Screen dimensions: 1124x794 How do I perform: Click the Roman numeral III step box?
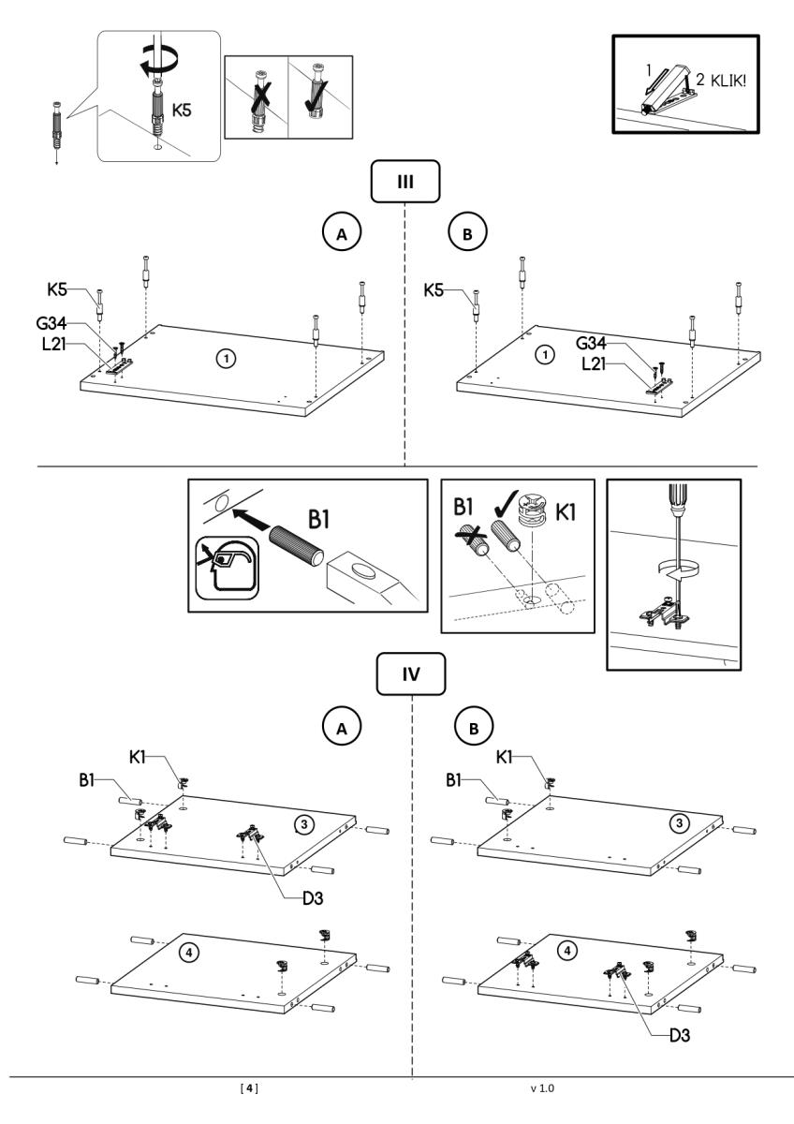tap(404, 183)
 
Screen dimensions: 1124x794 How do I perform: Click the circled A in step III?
tap(343, 234)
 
